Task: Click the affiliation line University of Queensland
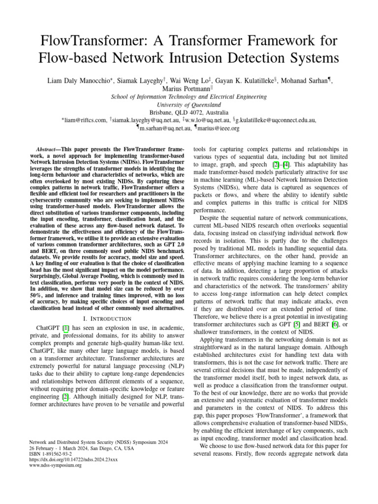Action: point(189,105)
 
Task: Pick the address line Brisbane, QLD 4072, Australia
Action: point(189,113)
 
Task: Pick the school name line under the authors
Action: point(189,97)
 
